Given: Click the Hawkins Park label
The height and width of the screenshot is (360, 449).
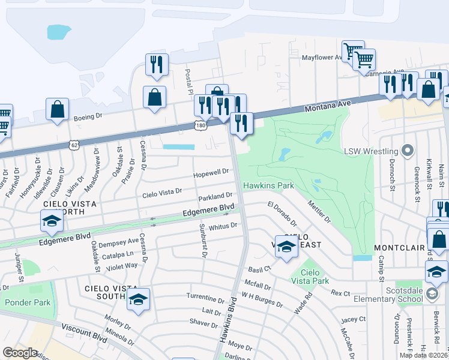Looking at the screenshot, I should click(x=268, y=185).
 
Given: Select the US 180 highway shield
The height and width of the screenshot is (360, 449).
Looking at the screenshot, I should click(x=200, y=125).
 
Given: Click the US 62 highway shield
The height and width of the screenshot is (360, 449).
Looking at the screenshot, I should click(x=74, y=145).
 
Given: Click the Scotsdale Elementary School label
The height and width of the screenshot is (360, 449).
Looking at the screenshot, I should click(x=406, y=293).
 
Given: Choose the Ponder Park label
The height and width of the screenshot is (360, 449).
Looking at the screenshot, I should click(x=28, y=302).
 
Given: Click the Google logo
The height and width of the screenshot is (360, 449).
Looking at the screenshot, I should click(x=20, y=352).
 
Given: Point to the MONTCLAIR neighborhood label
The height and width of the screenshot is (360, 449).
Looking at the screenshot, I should click(x=399, y=248).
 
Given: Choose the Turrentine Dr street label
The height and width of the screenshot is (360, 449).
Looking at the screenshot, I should click(x=205, y=298).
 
